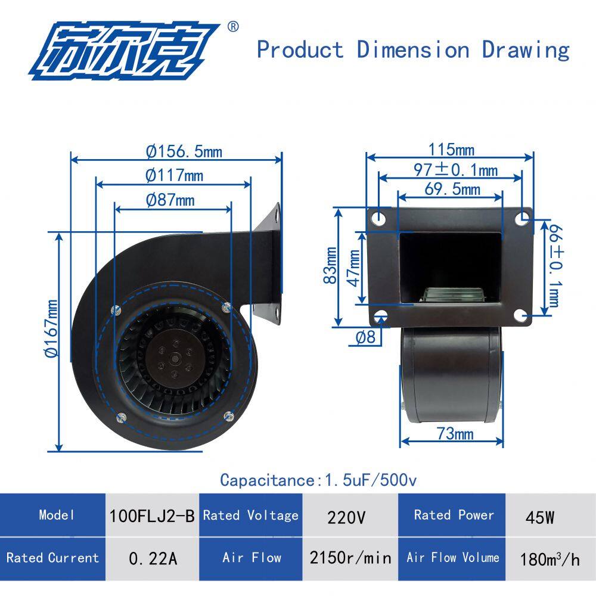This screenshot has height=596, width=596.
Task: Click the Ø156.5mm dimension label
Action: pos(184,151)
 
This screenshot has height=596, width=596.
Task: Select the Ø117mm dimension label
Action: pos(175,176)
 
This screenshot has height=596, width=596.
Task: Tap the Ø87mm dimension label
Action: pos(170,200)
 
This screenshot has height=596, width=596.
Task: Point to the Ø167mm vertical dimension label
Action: pos(52,328)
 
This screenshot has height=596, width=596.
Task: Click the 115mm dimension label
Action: pos(451,150)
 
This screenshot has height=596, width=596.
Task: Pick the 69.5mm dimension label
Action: pos(452,189)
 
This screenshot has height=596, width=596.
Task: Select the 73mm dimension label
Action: pos(455,433)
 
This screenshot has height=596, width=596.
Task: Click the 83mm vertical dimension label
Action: pos(330,265)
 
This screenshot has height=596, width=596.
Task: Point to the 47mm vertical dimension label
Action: pos(354,268)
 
